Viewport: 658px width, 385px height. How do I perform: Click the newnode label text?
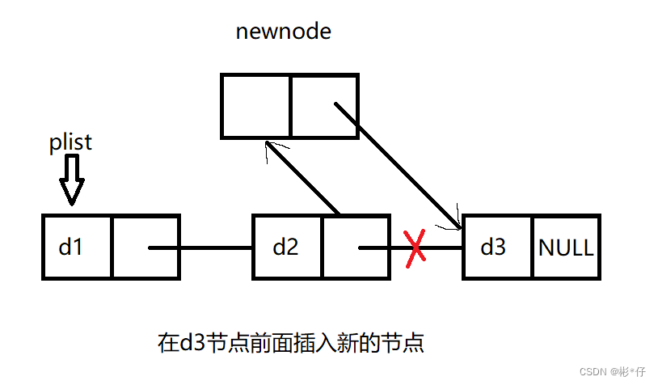point(283,32)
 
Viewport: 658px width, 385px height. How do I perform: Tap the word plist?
point(70,142)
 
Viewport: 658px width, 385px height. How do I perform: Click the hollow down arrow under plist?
point(72,180)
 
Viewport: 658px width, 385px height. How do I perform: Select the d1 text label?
point(70,247)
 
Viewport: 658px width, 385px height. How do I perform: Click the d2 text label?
point(285,247)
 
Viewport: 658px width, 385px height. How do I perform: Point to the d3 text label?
point(493,247)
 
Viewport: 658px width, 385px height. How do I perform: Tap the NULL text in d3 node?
point(566,247)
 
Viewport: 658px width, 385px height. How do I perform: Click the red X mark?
point(415,248)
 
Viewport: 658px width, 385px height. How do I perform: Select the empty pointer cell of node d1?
point(146,247)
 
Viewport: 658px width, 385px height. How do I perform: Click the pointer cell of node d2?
point(356,247)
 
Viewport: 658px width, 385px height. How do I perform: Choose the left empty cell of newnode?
point(255,106)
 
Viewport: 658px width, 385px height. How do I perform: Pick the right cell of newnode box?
point(324,106)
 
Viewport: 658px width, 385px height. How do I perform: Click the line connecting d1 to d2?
point(200,247)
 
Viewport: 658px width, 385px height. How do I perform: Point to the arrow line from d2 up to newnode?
point(302,178)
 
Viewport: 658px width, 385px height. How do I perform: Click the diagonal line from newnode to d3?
point(398,166)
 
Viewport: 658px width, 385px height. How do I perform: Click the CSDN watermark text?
point(612,371)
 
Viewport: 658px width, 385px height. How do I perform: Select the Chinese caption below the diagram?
point(291,343)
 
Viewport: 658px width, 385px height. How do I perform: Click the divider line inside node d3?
point(532,247)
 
